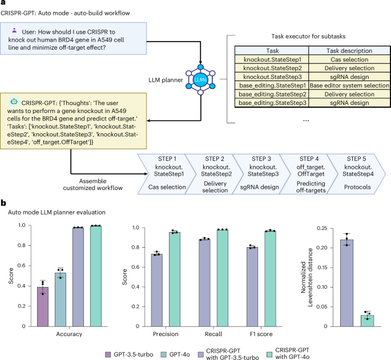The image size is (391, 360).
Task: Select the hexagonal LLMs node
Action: coord(201,79)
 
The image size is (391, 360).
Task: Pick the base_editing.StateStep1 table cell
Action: coord(268,85)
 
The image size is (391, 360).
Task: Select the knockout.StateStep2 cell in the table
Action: coord(268,67)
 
